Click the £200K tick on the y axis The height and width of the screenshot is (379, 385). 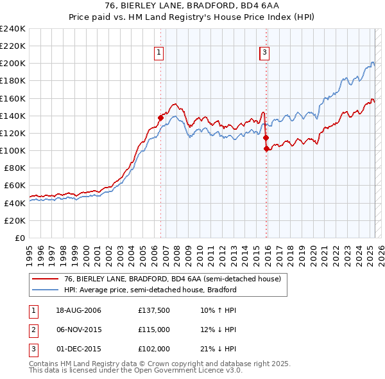pyautogui.click(x=13, y=64)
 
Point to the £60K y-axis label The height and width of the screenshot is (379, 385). pyautogui.click(x=15, y=186)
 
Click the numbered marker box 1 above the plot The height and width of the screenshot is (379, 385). pyautogui.click(x=158, y=53)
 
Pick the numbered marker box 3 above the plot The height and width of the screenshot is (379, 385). pyautogui.click(x=264, y=53)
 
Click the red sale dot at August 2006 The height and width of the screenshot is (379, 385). pyautogui.click(x=161, y=118)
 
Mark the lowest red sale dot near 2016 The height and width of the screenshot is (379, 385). pyautogui.click(x=266, y=148)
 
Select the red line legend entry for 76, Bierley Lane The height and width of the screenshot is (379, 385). pyautogui.click(x=172, y=279)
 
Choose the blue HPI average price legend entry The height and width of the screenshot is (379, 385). pyautogui.click(x=150, y=290)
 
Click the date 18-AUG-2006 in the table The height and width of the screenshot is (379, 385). pyautogui.click(x=79, y=311)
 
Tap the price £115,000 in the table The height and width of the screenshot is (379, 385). pyautogui.click(x=154, y=330)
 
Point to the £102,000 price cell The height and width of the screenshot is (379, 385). pyautogui.click(x=154, y=348)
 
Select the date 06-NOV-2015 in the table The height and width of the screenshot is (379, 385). pyautogui.click(x=79, y=330)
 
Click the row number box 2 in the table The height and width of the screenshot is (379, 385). pyautogui.click(x=33, y=330)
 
